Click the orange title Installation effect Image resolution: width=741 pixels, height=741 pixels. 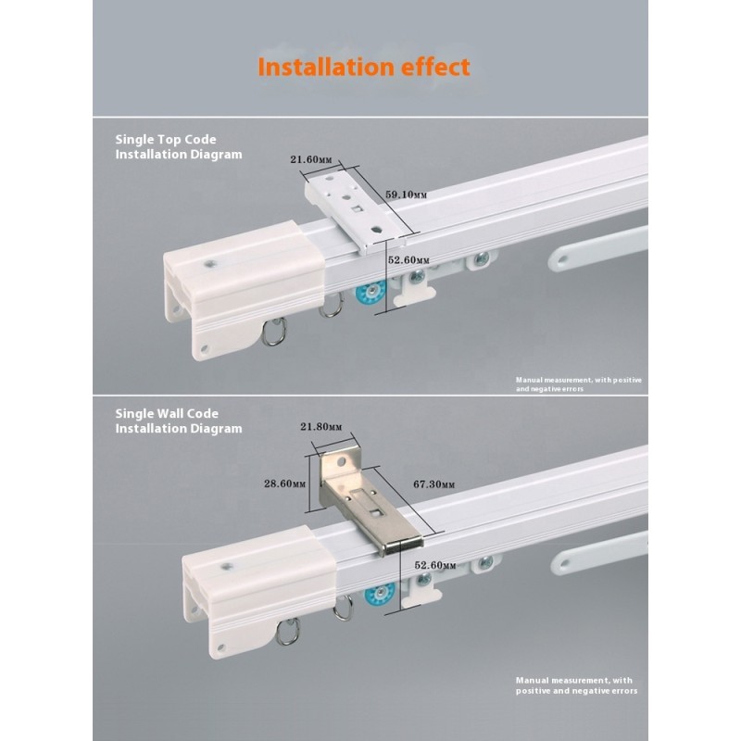point(364,68)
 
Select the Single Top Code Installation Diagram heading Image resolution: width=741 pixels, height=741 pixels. point(178,146)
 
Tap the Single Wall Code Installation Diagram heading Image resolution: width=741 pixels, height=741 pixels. point(178,421)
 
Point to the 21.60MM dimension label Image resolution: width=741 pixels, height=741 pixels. point(310,159)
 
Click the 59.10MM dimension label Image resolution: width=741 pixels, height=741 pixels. point(405,195)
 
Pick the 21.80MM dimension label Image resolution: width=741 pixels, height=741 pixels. point(321,427)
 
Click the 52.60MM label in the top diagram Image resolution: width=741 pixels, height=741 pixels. point(408,261)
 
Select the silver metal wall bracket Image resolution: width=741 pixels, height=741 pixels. point(366,505)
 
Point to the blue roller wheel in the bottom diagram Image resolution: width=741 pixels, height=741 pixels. point(378,595)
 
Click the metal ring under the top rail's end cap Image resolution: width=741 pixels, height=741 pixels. point(275,331)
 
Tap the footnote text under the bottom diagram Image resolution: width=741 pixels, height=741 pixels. point(577,685)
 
